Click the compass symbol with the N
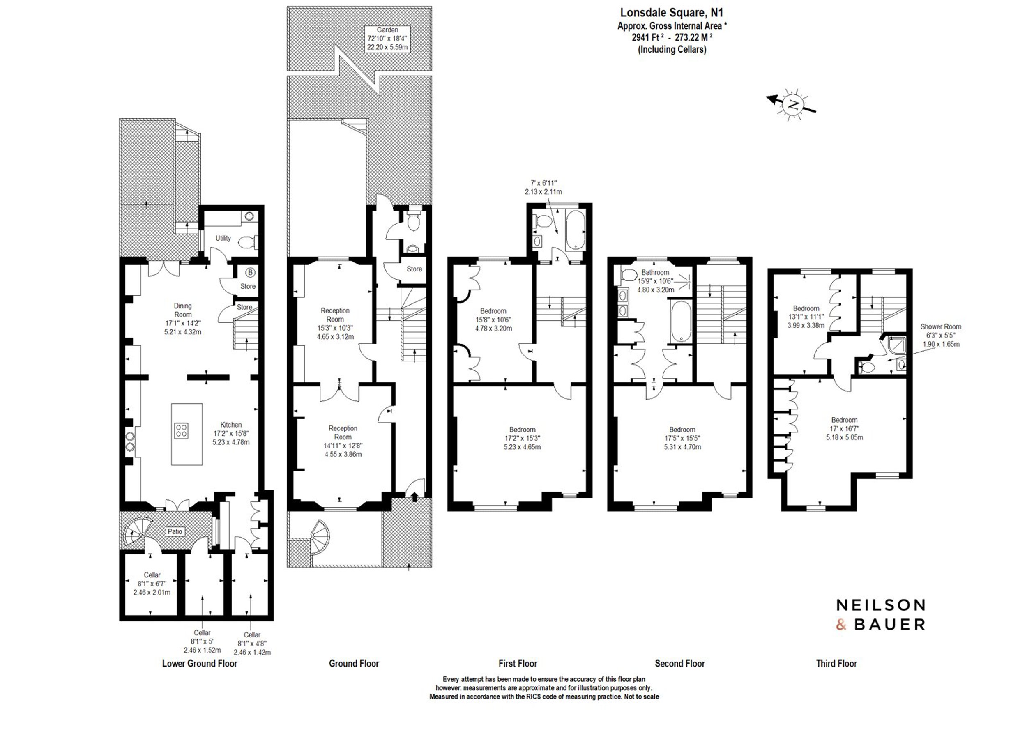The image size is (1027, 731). click(792, 105)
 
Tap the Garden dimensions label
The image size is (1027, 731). click(387, 38)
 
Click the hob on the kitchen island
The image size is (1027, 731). click(182, 430)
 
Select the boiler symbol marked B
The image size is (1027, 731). click(250, 272)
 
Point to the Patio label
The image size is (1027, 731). click(175, 531)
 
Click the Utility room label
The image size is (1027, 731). click(223, 238)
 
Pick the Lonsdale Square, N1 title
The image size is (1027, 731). click(672, 13)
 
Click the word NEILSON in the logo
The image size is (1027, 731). click(881, 605)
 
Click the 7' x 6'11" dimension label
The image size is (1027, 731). click(543, 187)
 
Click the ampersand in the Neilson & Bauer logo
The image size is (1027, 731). click(841, 625)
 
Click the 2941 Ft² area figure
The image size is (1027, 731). click(647, 38)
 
